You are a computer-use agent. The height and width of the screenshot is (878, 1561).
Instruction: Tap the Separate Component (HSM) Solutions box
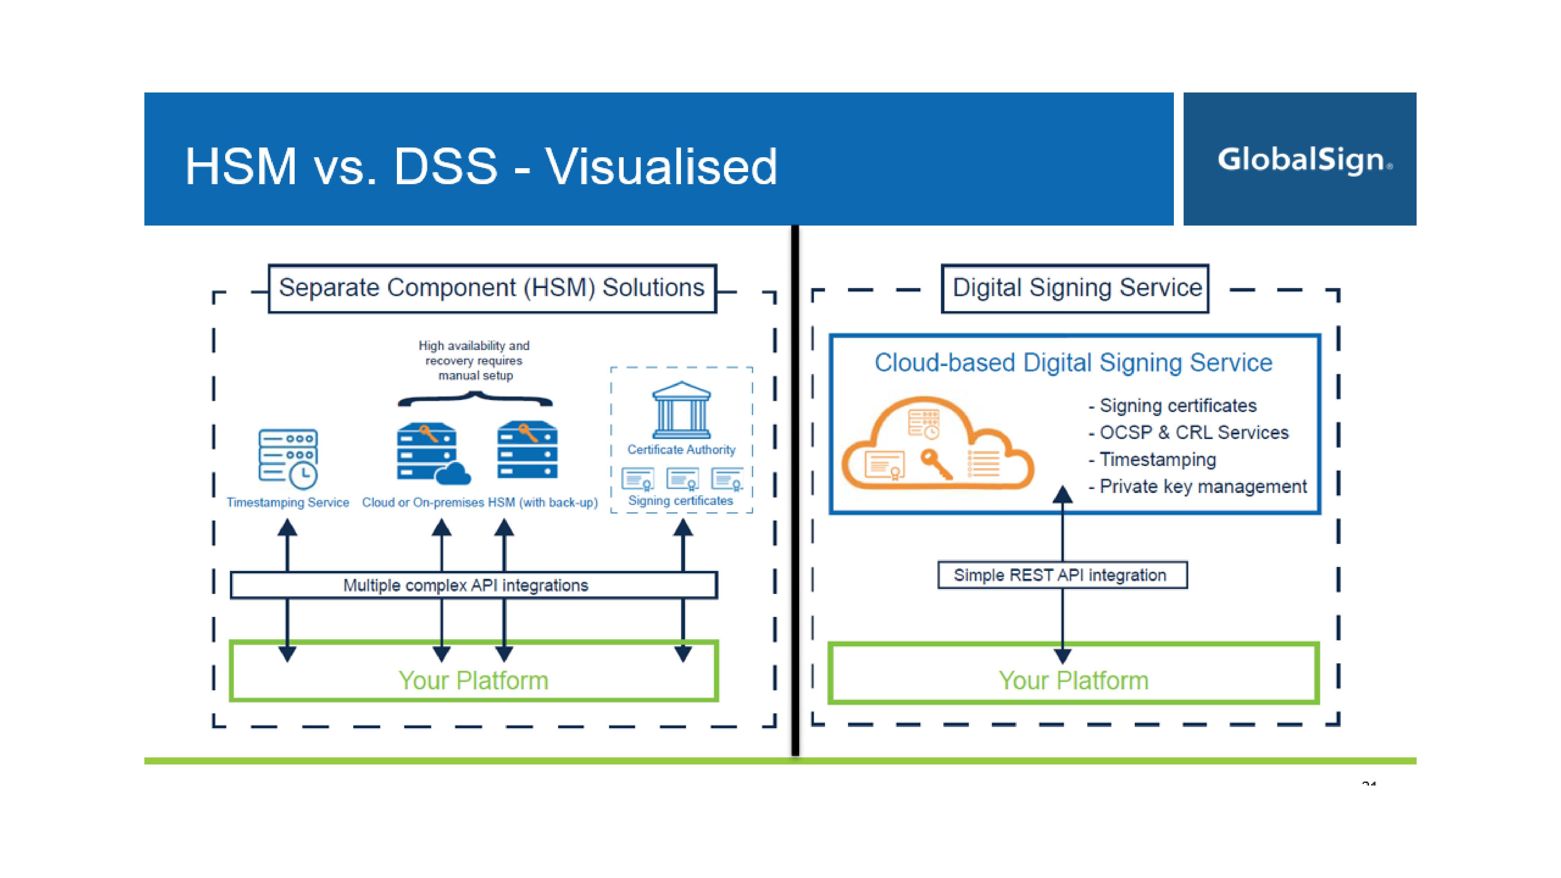tap(492, 288)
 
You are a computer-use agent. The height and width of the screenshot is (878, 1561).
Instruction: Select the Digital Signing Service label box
tap(1075, 288)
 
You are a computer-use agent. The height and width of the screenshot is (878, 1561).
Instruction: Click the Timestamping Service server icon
tap(288, 458)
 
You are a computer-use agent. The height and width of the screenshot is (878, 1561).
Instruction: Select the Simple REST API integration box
tap(1061, 575)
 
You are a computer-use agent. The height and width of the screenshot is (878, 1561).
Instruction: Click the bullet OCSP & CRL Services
tap(1193, 433)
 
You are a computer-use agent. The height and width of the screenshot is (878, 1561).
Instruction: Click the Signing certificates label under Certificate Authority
tap(681, 501)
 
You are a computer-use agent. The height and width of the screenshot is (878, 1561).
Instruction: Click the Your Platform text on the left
tap(473, 681)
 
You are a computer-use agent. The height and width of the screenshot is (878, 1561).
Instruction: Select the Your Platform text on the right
tap(1073, 681)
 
